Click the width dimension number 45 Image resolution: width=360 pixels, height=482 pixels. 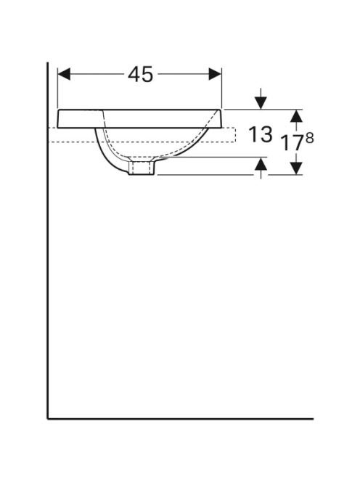[140, 75]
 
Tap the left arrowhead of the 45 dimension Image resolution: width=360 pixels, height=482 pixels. [64, 74]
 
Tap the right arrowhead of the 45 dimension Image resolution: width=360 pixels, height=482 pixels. [215, 74]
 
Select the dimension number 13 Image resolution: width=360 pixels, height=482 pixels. [260, 134]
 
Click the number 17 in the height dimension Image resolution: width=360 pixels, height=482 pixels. [292, 143]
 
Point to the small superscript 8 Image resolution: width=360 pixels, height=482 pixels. [310, 139]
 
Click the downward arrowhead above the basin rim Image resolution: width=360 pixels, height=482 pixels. [261, 102]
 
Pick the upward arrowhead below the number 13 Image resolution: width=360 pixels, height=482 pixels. [261, 163]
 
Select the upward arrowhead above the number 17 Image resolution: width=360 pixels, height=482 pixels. [296, 116]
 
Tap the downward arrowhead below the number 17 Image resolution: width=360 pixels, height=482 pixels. [296, 168]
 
